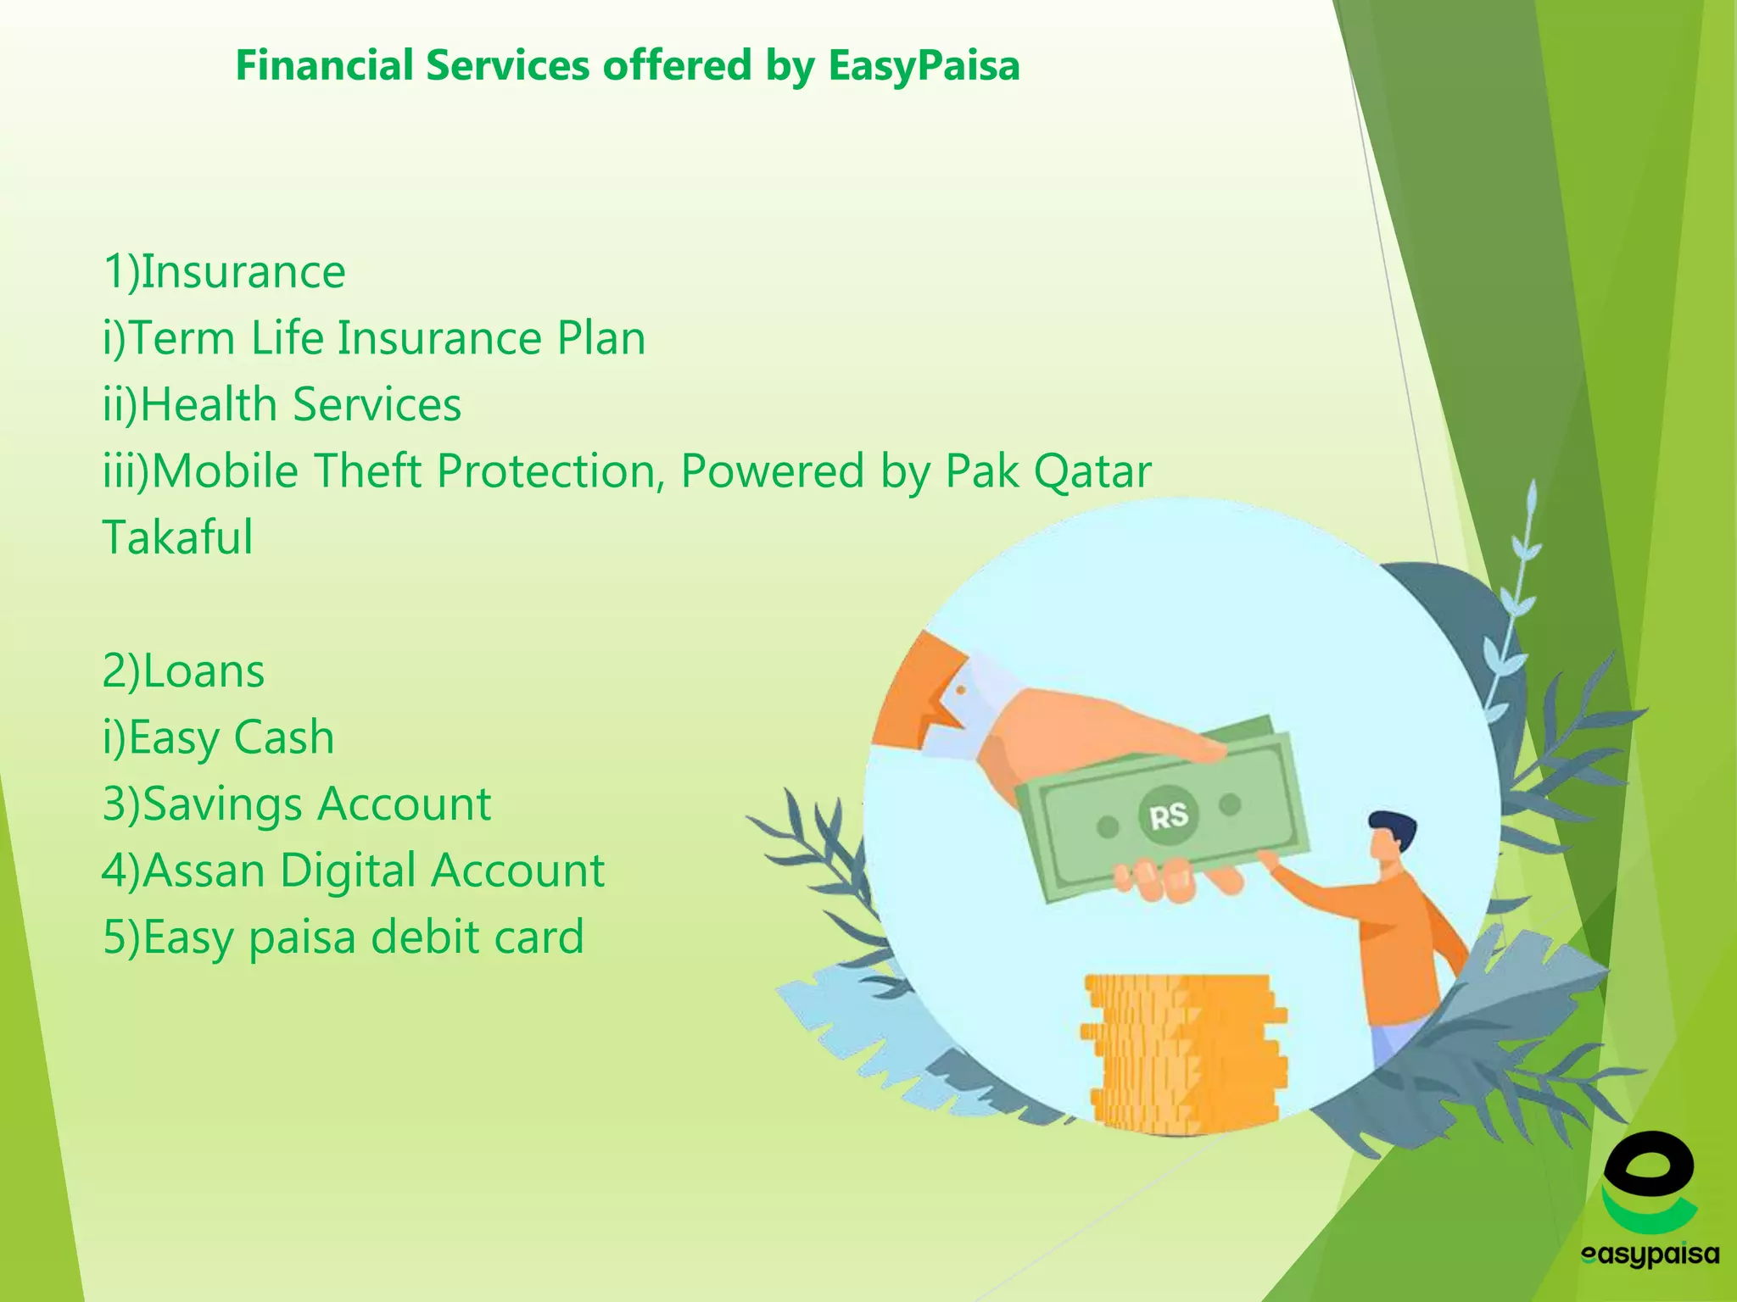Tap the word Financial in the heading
point(325,66)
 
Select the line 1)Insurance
point(224,272)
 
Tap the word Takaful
point(177,537)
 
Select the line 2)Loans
point(183,671)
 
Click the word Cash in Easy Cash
point(283,737)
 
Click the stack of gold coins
point(1183,1051)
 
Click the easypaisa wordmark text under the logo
point(1650,1254)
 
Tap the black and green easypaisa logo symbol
point(1648,1182)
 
